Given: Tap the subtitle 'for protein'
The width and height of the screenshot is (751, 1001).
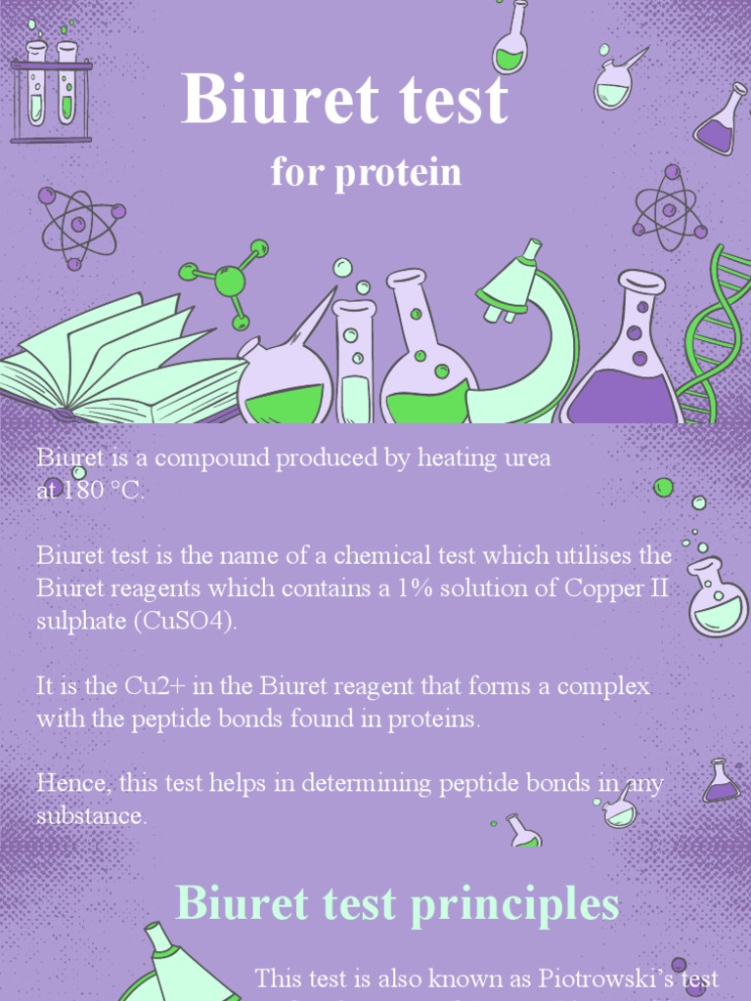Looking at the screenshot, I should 366,173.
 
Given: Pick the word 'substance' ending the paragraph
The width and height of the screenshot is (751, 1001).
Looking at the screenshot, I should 90,816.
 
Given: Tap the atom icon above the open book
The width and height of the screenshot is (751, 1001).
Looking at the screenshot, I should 79,224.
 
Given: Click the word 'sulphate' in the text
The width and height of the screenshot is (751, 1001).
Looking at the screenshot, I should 79,622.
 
